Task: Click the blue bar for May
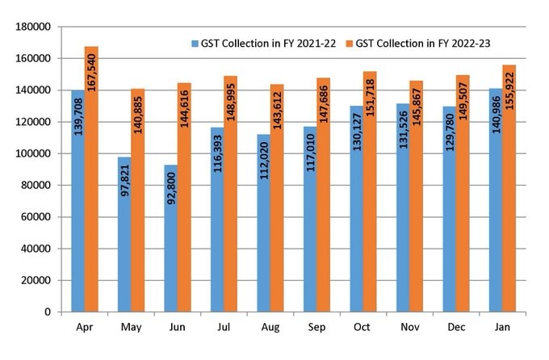click(124, 234)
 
